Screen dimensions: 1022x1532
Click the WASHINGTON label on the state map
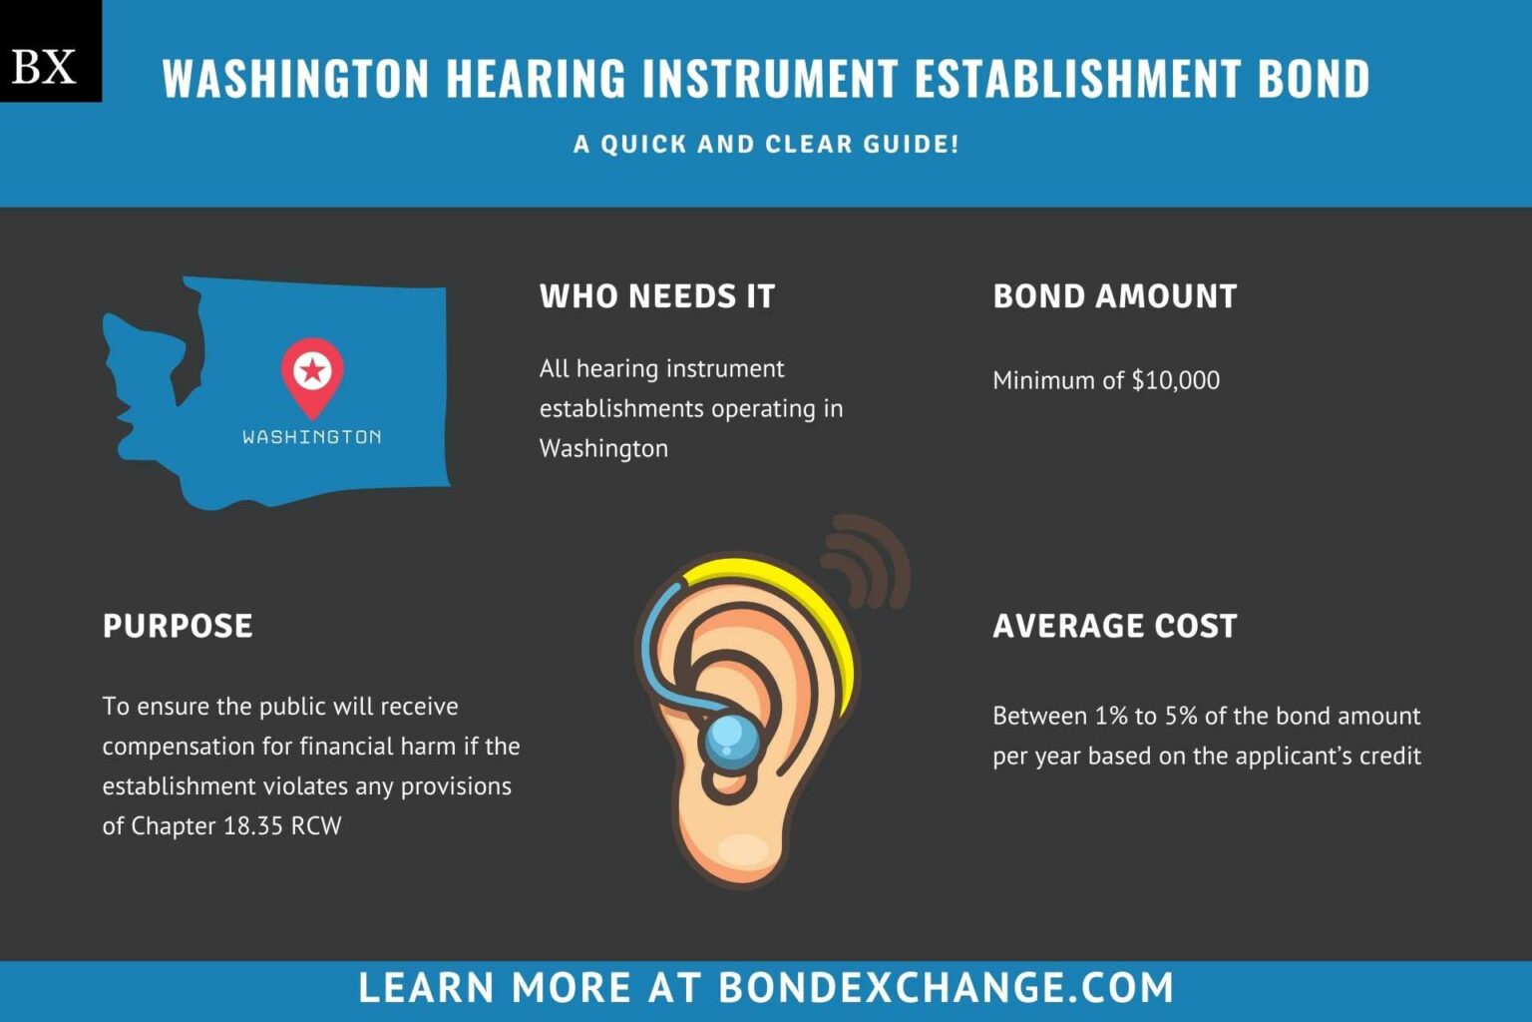coord(312,437)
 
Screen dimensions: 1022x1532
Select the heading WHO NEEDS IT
coord(656,296)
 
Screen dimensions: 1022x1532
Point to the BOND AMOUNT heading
coord(1114,296)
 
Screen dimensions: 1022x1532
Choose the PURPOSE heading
coord(178,626)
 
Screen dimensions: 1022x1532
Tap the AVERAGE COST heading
coord(1114,626)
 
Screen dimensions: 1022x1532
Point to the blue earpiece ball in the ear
coord(730,740)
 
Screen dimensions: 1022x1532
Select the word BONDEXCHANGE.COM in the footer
coord(946,988)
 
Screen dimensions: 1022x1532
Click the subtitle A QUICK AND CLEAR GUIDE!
coord(766,144)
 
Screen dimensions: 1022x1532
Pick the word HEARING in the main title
coord(536,79)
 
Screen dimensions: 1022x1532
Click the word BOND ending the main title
coord(1314,79)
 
